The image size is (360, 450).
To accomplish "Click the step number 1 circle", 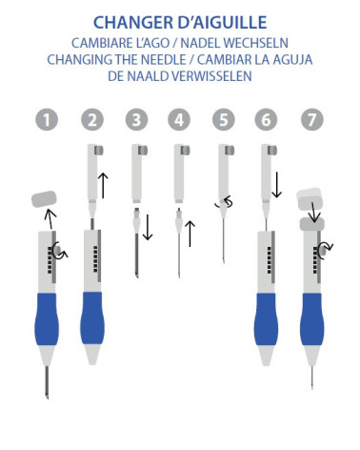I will (47, 120).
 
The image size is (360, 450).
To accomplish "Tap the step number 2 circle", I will (91, 120).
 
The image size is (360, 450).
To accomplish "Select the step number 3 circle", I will (136, 120).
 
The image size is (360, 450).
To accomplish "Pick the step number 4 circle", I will (179, 120).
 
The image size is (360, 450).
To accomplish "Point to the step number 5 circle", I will (224, 120).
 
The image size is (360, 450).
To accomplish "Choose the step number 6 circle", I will (268, 120).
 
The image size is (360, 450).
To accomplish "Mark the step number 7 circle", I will (311, 120).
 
